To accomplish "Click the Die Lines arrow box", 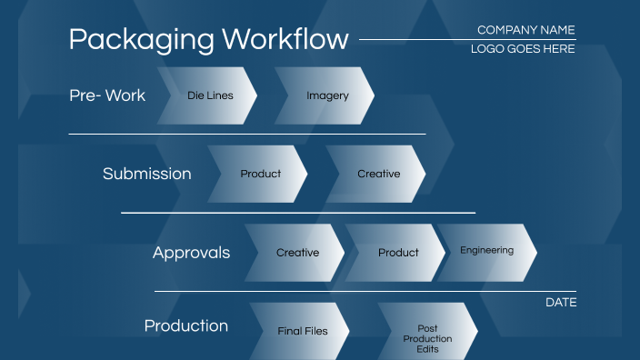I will tap(208, 95).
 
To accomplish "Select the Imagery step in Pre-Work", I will tap(325, 95).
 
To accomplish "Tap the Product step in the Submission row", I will tap(259, 174).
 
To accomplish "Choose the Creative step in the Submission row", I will tap(377, 174).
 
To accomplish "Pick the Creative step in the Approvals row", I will tap(296, 253).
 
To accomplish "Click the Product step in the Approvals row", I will tap(397, 253).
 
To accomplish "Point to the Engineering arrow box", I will tap(486, 251).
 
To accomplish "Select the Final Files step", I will tap(301, 331).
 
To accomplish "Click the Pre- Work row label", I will tap(107, 95).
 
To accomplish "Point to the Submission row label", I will tap(147, 174).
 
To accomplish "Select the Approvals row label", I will tap(191, 253).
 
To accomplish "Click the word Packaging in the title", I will tap(141, 40).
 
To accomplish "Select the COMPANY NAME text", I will tap(525, 30).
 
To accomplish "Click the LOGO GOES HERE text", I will tap(523, 49).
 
